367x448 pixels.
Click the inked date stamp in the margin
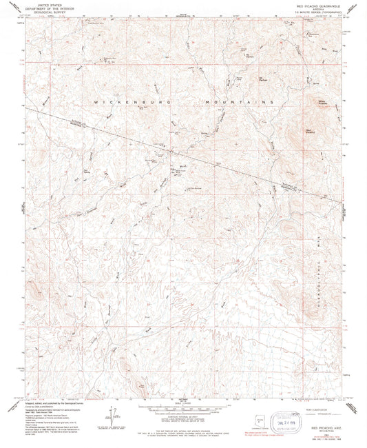click(287, 420)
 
